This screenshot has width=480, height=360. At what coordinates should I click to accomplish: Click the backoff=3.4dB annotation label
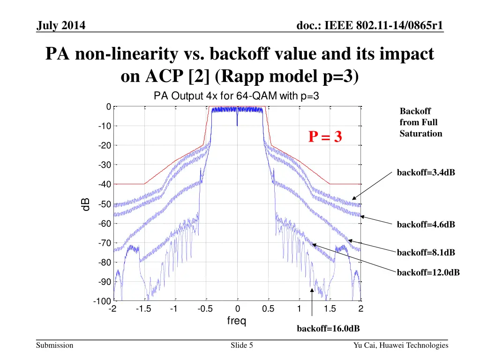coord(426,173)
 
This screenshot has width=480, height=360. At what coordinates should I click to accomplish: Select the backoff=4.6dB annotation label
coord(426,225)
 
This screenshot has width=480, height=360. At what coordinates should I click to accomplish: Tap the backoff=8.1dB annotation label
coord(426,253)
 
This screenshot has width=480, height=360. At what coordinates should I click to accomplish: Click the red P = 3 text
coord(325,137)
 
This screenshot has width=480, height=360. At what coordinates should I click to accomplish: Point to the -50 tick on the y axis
coord(105,204)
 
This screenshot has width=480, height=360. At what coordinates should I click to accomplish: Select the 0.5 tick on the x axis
coord(268,308)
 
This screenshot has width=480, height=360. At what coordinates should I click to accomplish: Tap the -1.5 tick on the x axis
coord(143,308)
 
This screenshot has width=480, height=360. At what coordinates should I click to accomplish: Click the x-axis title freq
coord(237,321)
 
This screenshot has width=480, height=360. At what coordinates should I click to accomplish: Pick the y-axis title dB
coord(86,205)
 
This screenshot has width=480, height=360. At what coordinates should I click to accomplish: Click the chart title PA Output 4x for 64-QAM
coord(237,97)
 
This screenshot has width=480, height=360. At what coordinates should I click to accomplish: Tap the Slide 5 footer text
coord(242,345)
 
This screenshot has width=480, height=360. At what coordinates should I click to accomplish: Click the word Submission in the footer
coord(55,345)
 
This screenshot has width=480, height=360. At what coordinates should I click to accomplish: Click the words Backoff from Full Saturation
coord(420,122)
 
